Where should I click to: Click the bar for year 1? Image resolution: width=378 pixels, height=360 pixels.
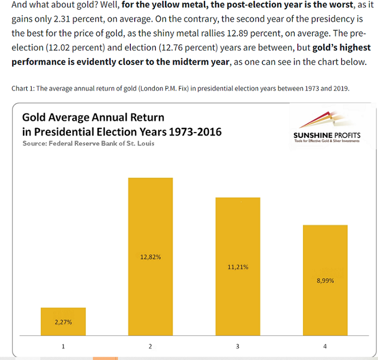point(63,322)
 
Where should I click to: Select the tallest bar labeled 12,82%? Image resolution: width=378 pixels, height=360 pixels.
point(150,256)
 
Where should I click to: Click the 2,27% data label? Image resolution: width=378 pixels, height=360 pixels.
point(63,322)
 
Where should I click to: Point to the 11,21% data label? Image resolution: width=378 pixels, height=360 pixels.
point(238,267)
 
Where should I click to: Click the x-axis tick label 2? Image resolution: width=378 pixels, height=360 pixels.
point(150,347)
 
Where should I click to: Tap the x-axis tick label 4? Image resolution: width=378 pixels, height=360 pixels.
point(325,347)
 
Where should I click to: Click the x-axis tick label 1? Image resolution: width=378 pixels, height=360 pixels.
point(63,347)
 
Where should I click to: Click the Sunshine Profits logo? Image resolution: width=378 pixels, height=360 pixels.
point(326,128)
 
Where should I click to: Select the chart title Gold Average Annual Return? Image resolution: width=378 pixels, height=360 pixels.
point(93,117)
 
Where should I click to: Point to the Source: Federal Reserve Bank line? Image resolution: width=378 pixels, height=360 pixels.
point(88,143)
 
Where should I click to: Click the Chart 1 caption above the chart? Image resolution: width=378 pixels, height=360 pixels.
point(180,88)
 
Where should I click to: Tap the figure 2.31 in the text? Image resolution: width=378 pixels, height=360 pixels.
point(65,20)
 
